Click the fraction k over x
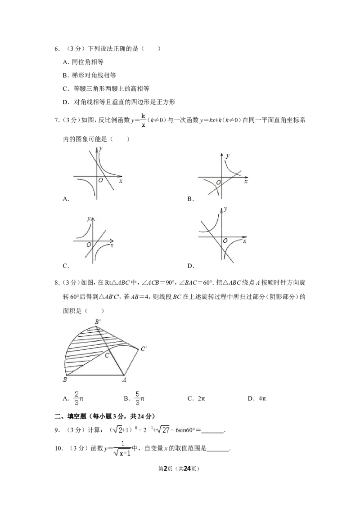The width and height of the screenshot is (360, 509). (143, 121)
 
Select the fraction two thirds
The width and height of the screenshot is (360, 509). (77, 397)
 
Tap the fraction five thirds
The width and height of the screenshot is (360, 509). (138, 397)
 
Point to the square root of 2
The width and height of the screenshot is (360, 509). (117, 430)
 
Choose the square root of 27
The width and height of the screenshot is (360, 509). (164, 430)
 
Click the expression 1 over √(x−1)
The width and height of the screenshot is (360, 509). (122, 448)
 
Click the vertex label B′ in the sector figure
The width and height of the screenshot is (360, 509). (97, 322)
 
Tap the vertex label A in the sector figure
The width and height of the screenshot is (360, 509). (125, 380)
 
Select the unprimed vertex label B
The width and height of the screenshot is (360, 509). (65, 380)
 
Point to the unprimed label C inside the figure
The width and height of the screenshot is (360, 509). (107, 355)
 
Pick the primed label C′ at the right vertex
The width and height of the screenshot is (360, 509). (143, 348)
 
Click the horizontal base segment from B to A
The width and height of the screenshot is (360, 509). (94, 375)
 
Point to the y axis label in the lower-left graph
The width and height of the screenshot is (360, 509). (89, 219)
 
